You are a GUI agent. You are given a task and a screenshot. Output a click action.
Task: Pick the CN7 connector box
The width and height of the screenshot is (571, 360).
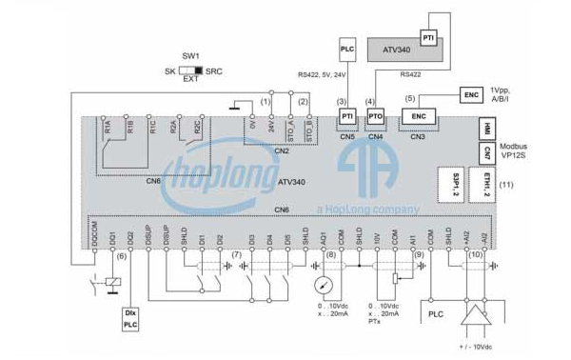(485, 152)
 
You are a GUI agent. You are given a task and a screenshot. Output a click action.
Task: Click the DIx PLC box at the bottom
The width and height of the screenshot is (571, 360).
(130, 317)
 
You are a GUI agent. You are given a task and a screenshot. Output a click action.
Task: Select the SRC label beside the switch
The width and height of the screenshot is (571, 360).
(214, 70)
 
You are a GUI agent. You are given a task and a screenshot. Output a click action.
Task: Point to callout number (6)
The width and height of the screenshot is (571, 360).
(121, 256)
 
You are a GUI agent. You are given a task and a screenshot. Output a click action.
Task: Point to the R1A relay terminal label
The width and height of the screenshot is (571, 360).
(110, 127)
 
